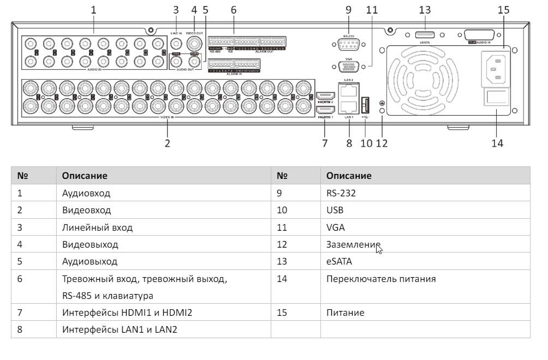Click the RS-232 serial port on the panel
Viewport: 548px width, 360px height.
(x=349, y=46)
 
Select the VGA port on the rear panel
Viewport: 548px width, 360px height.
(x=349, y=67)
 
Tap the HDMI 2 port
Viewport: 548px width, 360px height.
(x=325, y=96)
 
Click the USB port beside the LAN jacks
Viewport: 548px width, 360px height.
(x=366, y=104)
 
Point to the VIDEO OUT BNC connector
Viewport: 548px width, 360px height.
(x=193, y=43)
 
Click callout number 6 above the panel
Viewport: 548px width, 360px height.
(x=234, y=9)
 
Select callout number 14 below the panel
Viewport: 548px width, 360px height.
(x=497, y=143)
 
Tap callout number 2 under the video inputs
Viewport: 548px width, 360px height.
(x=168, y=143)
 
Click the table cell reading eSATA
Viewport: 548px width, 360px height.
(x=339, y=261)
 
